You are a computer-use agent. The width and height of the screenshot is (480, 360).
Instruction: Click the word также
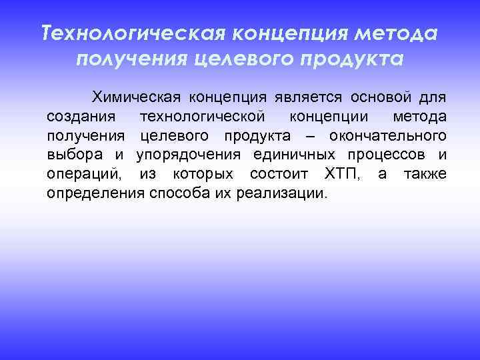423,175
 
